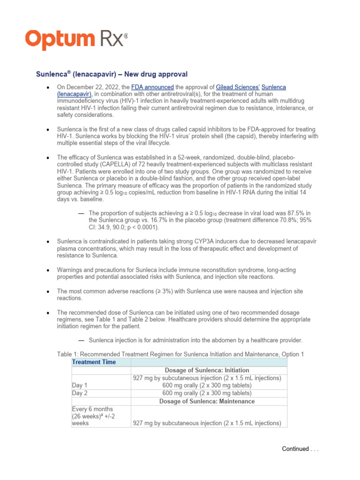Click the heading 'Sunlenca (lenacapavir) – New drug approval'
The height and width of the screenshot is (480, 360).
pyautogui.click(x=112, y=74)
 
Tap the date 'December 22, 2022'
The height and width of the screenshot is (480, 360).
pyautogui.click(x=92, y=88)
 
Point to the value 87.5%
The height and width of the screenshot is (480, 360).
pyautogui.click(x=288, y=213)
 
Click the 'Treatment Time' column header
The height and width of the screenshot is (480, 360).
pyautogui.click(x=94, y=362)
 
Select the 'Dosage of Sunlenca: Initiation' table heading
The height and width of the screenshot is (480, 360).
pyautogui.click(x=208, y=370)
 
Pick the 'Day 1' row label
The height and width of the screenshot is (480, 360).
pyautogui.click(x=80, y=385)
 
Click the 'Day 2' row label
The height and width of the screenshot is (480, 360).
pyautogui.click(x=80, y=393)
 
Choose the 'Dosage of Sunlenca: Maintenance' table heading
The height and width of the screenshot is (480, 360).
pyautogui.click(x=208, y=401)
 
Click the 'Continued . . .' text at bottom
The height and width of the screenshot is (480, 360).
pyautogui.click(x=300, y=449)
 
